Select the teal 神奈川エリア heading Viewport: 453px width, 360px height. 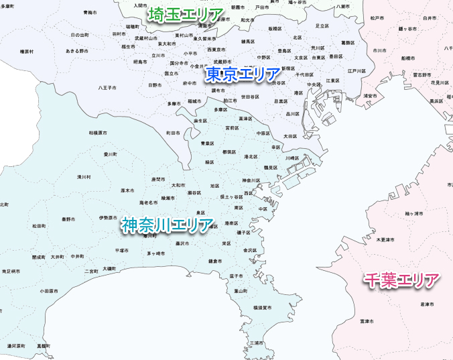(x=168, y=226)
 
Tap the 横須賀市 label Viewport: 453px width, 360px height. (x=262, y=308)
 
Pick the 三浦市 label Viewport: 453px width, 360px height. (x=256, y=342)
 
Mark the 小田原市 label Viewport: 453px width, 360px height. (x=48, y=292)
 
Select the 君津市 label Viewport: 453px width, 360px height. (x=427, y=304)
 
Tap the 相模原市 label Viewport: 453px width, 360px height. (x=98, y=133)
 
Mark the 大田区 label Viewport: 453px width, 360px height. (x=290, y=136)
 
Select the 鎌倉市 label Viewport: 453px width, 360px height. (x=215, y=261)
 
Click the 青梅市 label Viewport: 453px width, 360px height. (x=90, y=13)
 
